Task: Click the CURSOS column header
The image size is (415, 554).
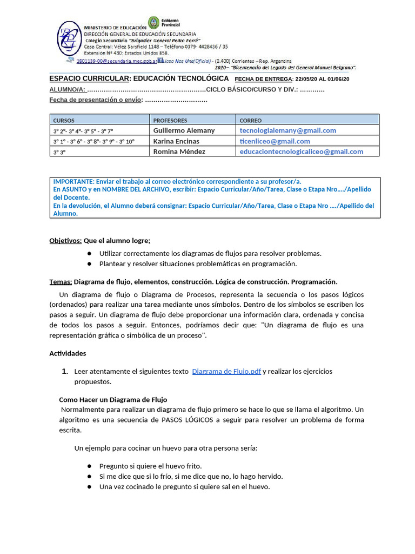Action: [x=64, y=120]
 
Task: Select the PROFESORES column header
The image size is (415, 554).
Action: [x=170, y=120]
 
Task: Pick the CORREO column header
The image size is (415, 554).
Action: [x=250, y=120]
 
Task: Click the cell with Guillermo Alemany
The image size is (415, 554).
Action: [x=184, y=130]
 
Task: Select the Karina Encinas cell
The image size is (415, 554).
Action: [x=176, y=141]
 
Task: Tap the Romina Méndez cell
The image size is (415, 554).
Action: [x=179, y=151]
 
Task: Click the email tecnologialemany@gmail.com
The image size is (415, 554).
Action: [x=288, y=130]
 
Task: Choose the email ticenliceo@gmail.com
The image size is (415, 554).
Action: [x=275, y=141]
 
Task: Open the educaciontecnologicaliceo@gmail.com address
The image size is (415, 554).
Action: [x=302, y=151]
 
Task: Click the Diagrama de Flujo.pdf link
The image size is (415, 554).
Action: [x=226, y=371]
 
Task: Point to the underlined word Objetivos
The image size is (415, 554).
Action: [x=65, y=240]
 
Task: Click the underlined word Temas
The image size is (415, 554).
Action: [x=61, y=281]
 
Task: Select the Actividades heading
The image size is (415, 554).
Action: [x=68, y=353]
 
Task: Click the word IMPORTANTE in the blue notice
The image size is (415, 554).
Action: [x=73, y=181]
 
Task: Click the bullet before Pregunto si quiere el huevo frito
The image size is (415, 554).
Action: [x=89, y=466]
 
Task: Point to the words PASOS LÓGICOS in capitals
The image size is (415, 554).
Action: [x=183, y=420]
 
